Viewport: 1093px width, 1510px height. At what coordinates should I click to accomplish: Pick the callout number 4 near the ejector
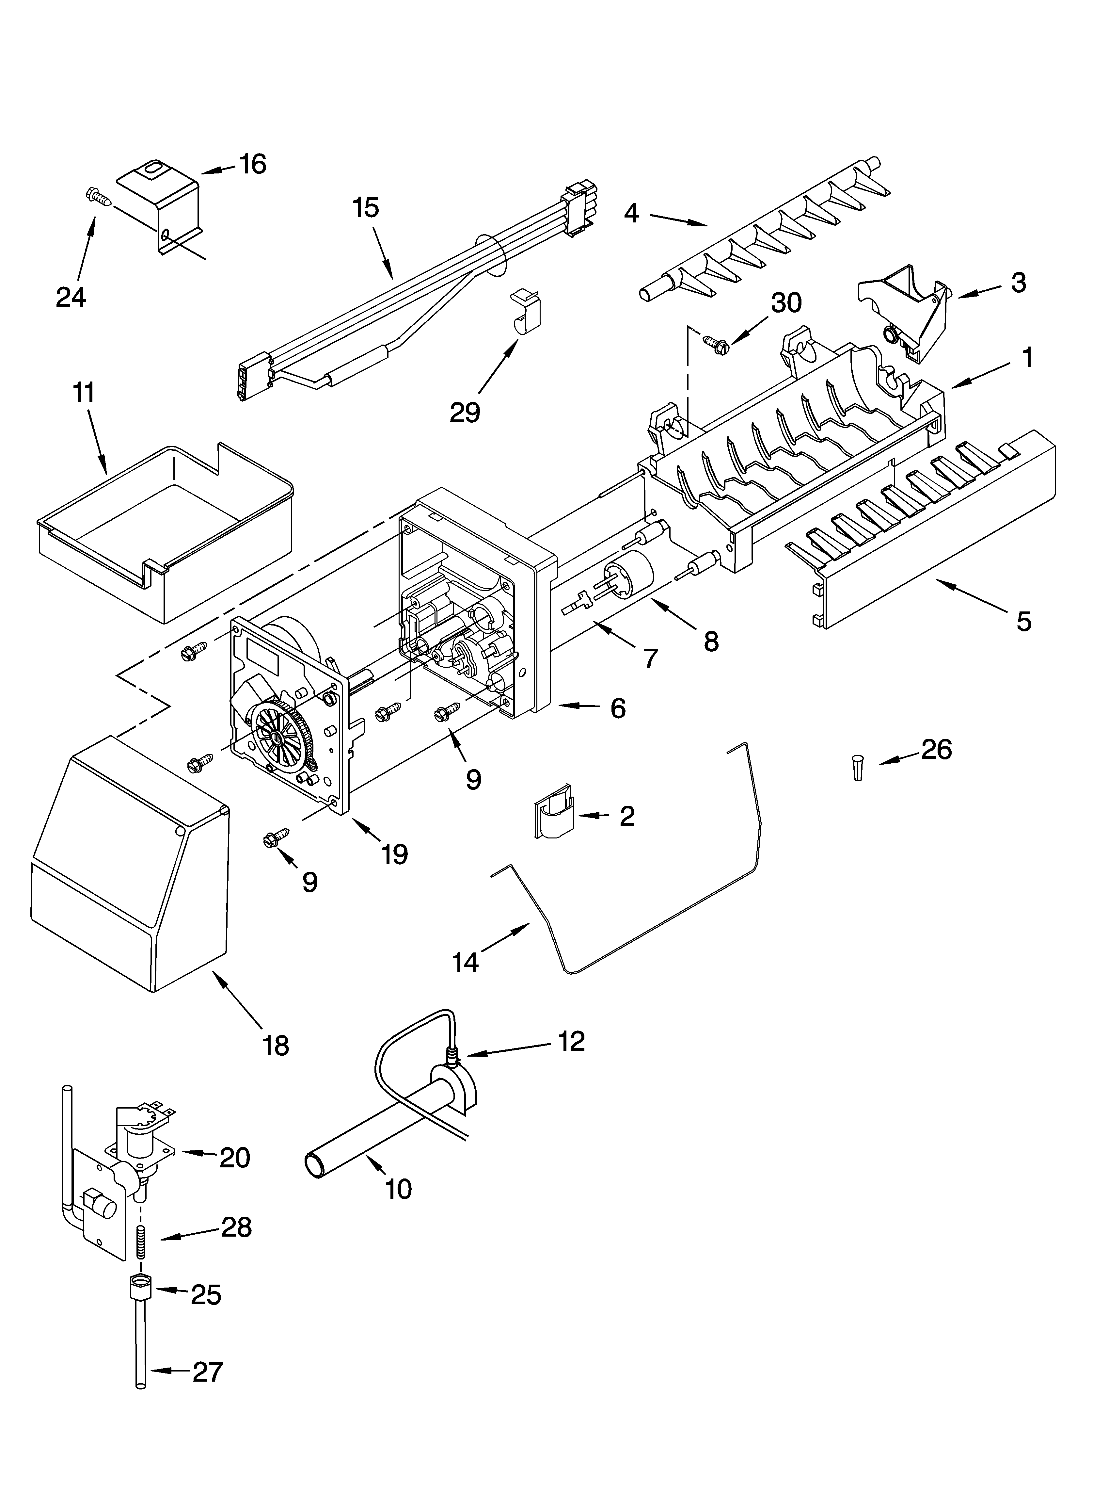(631, 213)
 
